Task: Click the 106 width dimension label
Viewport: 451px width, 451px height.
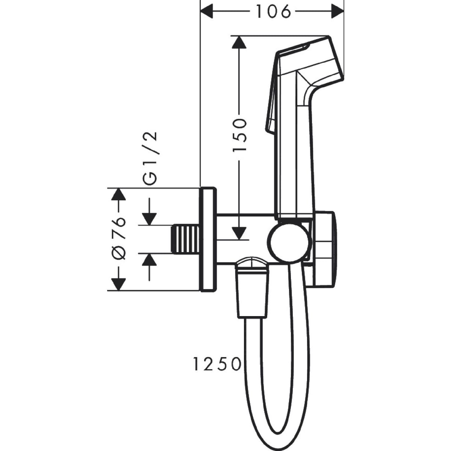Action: click(273, 12)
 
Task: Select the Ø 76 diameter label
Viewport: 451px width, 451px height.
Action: click(119, 239)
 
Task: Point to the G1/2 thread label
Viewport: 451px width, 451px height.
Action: click(150, 159)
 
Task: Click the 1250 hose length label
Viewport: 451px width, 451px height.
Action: click(217, 371)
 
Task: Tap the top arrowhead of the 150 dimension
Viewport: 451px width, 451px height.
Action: click(239, 42)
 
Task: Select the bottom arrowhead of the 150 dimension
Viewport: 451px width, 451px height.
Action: click(240, 233)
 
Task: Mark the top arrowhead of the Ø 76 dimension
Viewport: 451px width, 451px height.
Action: click(119, 194)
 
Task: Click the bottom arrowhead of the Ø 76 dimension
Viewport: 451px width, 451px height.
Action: click(119, 285)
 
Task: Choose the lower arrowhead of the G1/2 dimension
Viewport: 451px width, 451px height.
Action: click(150, 260)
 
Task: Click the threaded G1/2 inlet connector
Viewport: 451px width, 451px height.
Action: click(186, 239)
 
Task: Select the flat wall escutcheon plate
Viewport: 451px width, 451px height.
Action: click(208, 239)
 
